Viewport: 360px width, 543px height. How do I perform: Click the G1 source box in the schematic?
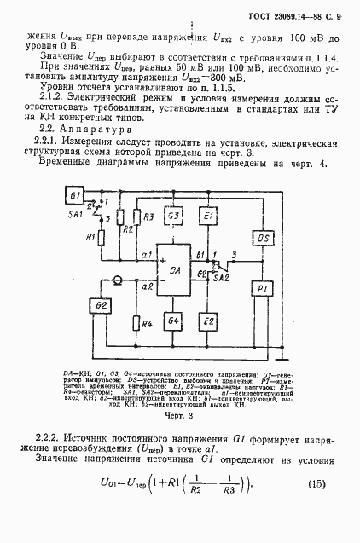pos(74,194)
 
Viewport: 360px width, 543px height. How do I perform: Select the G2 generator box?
pos(102,305)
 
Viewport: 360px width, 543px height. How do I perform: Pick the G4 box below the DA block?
pos(173,321)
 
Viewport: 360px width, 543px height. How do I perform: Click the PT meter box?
pos(264,289)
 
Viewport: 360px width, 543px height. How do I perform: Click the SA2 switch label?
pos(220,278)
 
